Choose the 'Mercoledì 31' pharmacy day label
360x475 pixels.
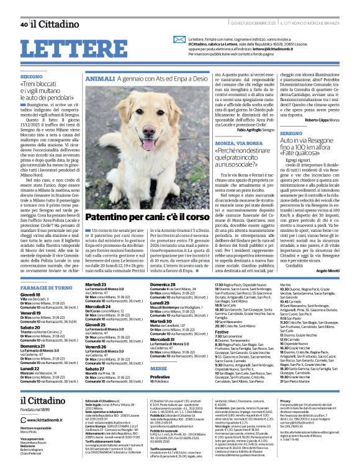163,339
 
